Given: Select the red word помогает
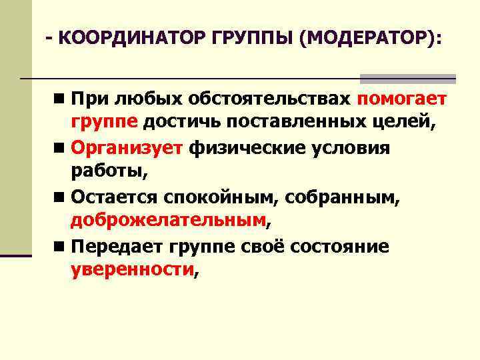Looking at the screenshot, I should tap(402, 100).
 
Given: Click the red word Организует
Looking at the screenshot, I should tap(126, 147).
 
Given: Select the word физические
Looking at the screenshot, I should tap(247, 147).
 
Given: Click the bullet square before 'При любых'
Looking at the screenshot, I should tap(60, 100).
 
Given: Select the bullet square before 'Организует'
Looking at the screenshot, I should tap(60, 147).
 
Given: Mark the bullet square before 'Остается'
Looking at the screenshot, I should tap(60, 197).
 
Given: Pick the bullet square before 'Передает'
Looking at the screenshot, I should tap(60, 247).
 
